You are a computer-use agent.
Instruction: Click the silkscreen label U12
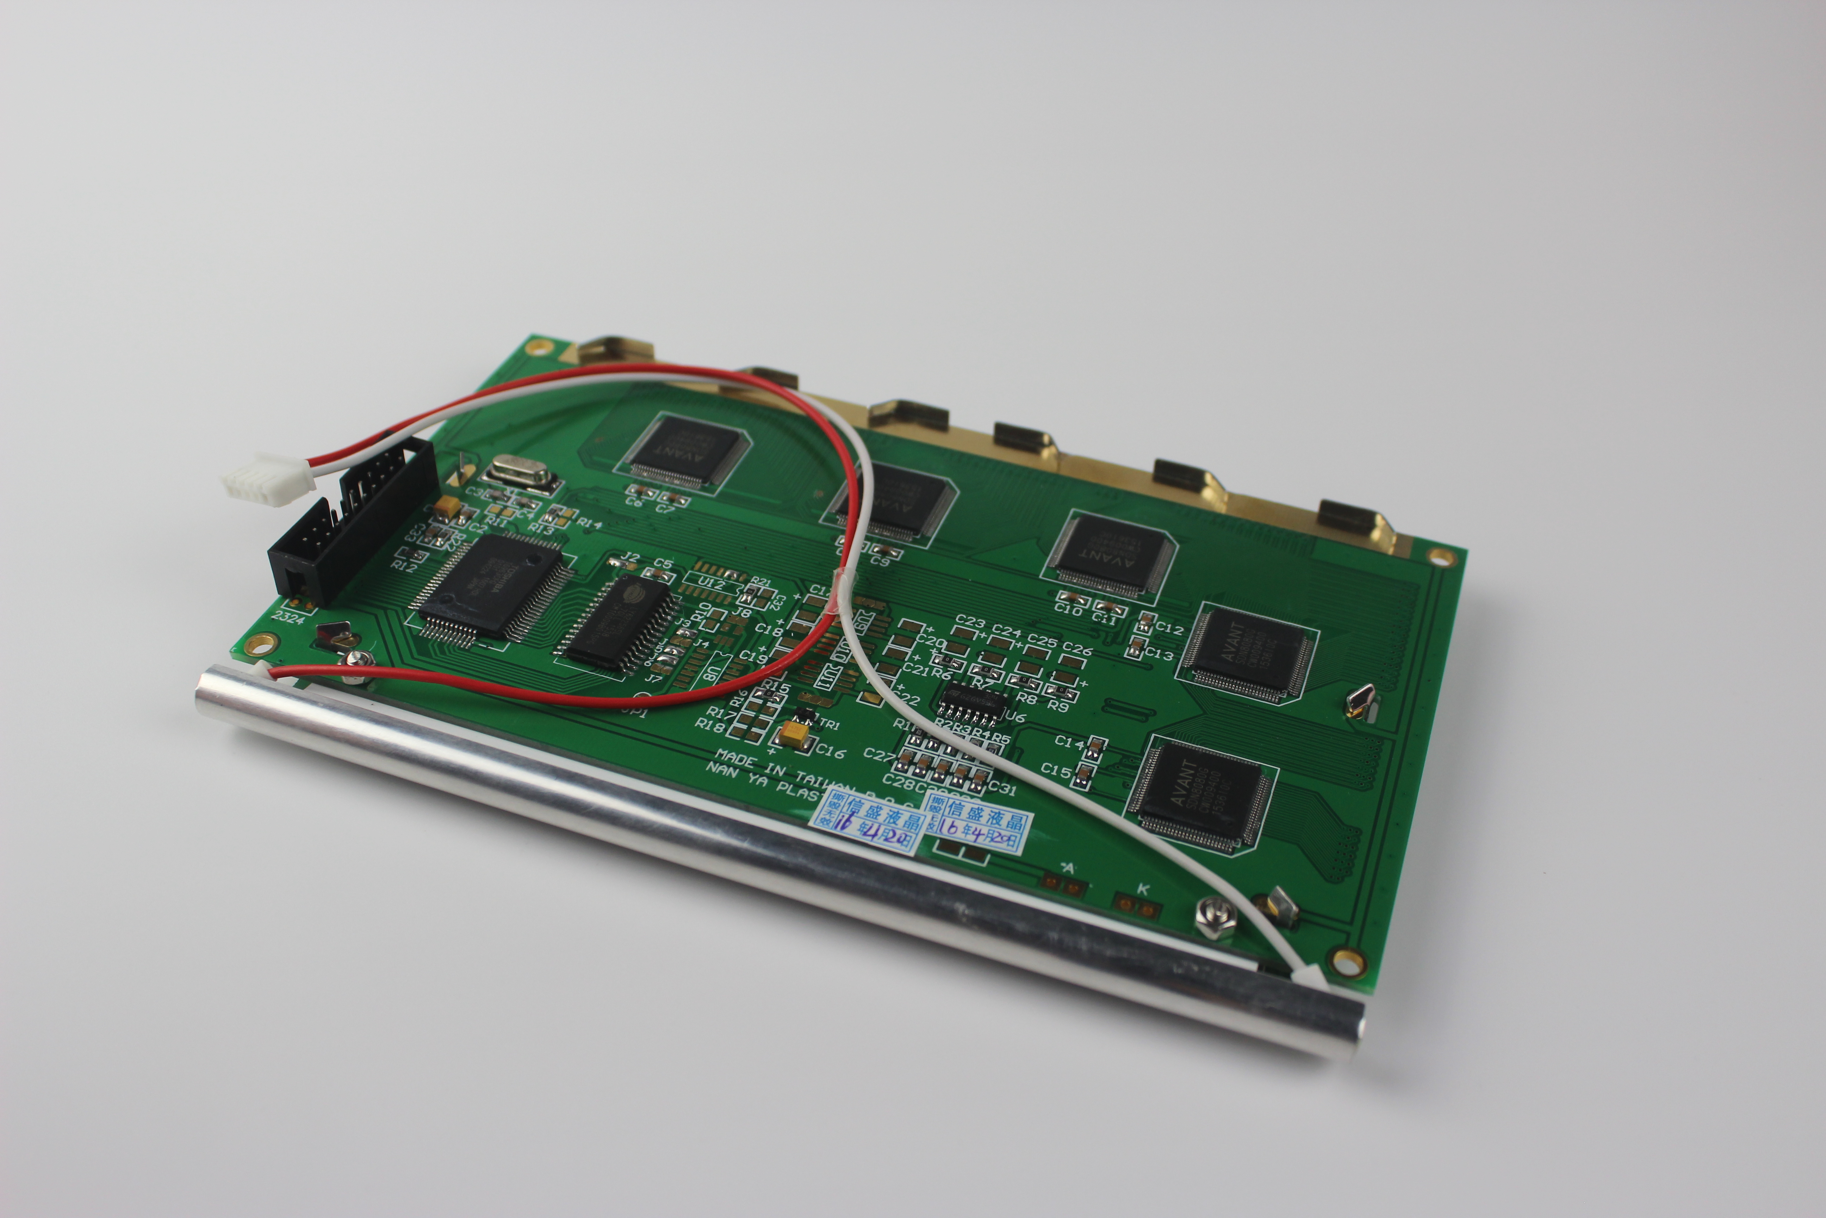pos(711,583)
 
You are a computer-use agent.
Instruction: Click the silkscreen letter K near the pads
pos(1143,888)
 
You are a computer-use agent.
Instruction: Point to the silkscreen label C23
pos(970,622)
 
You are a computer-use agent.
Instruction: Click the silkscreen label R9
pos(1057,706)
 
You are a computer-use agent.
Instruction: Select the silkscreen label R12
pos(404,566)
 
